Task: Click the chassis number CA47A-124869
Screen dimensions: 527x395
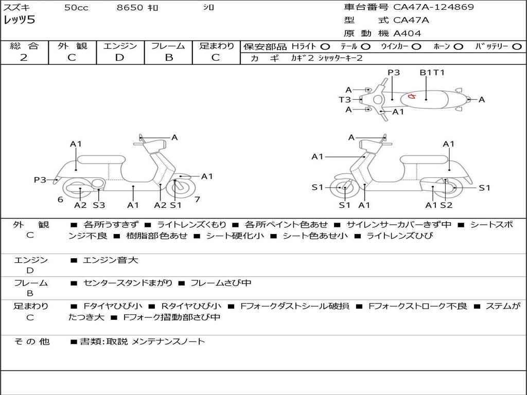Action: [433, 7]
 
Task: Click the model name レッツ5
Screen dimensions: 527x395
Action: [19, 20]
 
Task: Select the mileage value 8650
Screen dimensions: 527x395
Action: [130, 7]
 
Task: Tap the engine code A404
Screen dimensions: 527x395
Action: [407, 33]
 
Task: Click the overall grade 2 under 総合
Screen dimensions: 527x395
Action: [24, 58]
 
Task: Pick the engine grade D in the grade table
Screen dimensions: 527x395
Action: [119, 58]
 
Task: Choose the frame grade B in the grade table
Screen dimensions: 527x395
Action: [169, 58]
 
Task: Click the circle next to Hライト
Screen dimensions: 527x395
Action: [325, 47]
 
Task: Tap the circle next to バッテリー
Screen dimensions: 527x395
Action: [517, 47]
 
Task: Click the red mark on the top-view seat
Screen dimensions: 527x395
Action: [412, 97]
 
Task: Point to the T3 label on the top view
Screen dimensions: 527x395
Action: [344, 99]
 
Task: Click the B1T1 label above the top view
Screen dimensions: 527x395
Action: [432, 72]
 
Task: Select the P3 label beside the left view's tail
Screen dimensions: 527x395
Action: [40, 179]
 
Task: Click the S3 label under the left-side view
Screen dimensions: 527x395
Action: [99, 205]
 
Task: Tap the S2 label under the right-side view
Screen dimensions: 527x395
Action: [446, 205]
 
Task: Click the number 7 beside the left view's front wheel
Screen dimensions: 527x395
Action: [197, 200]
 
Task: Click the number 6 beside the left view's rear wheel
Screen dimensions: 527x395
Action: [60, 200]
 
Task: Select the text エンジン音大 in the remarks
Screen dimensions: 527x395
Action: [110, 260]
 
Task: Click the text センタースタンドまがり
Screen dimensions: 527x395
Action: [128, 283]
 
